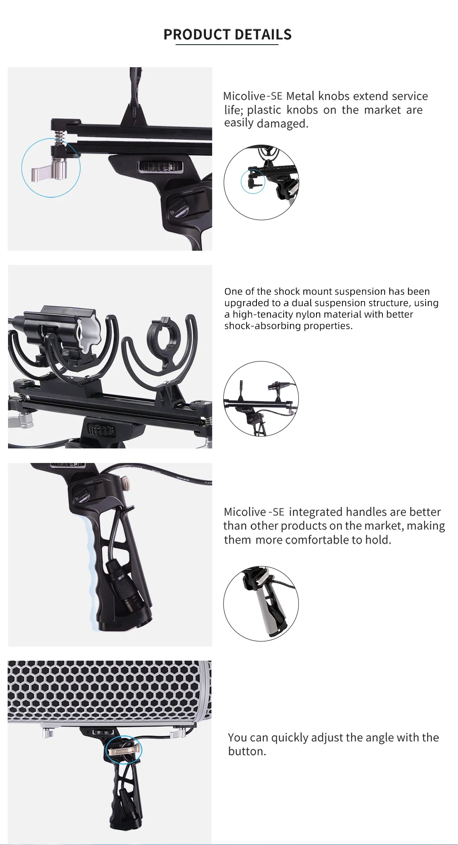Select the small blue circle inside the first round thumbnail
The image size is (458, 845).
pyautogui.click(x=253, y=182)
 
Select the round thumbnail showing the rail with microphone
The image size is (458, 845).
pyautogui.click(x=261, y=399)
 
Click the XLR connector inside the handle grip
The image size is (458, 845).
pyautogui.click(x=119, y=576)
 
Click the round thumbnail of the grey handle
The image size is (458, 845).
pyautogui.click(x=261, y=604)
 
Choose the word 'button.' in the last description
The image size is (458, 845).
pyautogui.click(x=247, y=751)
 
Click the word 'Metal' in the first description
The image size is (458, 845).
pyautogui.click(x=300, y=96)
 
